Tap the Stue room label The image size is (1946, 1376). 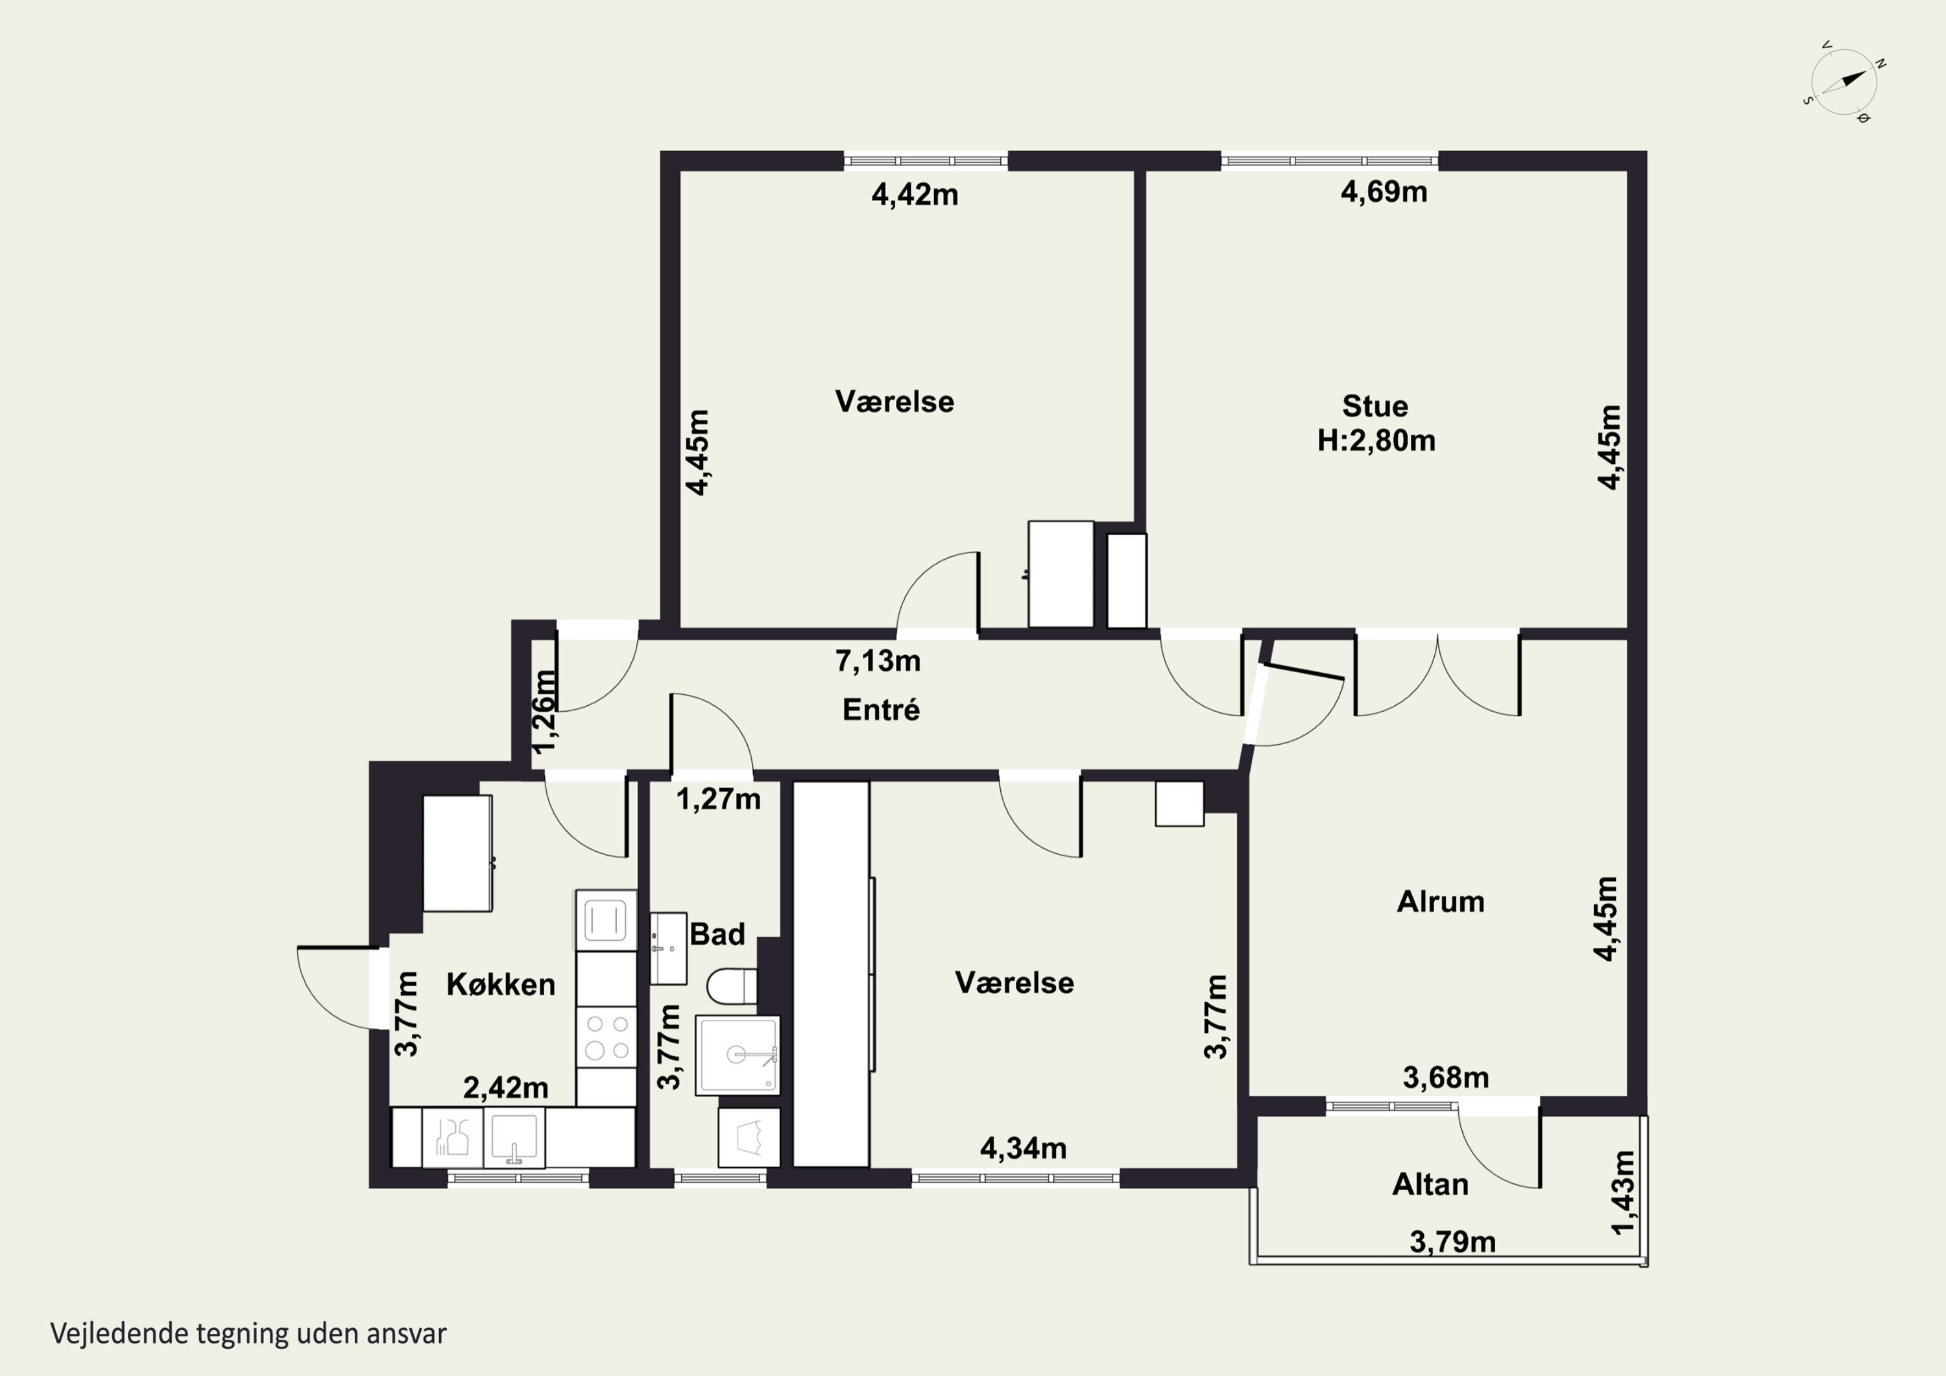[1375, 406]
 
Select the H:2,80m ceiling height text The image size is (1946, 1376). [1376, 441]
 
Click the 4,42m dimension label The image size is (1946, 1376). [915, 195]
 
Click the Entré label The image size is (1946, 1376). [881, 710]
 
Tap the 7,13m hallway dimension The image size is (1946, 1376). [878, 660]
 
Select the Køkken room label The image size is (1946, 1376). [501, 984]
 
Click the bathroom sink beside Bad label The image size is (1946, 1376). [669, 948]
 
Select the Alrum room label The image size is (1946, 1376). [1440, 902]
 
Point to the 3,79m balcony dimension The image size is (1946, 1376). [1453, 1242]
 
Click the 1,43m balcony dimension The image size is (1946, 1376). [1622, 1193]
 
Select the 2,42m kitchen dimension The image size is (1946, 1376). [505, 1088]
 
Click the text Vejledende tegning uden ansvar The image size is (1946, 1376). [248, 1334]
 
